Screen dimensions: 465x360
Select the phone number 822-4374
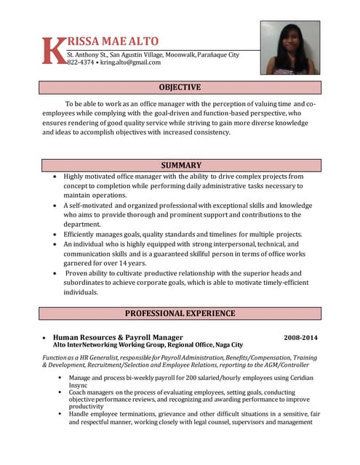79,62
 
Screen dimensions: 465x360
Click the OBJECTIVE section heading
180,88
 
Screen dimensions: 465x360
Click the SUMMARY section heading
180,166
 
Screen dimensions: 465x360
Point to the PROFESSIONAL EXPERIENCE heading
180,314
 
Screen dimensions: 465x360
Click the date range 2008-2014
300,338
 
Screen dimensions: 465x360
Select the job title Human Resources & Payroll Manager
118,338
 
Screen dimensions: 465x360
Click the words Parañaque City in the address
218,54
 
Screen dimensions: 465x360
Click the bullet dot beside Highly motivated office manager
57,177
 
